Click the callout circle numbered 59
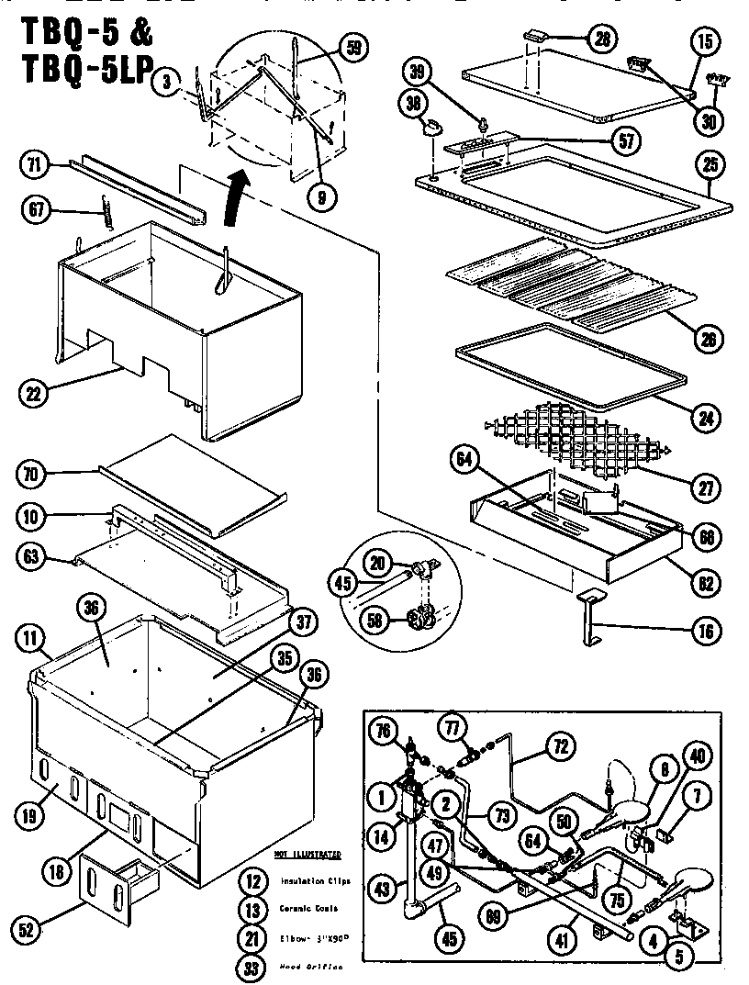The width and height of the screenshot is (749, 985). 351,48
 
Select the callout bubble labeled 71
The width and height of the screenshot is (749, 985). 33,166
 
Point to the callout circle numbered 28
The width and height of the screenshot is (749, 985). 601,39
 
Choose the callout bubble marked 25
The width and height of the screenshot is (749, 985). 710,165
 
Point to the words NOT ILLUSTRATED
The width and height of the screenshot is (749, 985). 307,854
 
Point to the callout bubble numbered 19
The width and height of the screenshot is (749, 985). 33,811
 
